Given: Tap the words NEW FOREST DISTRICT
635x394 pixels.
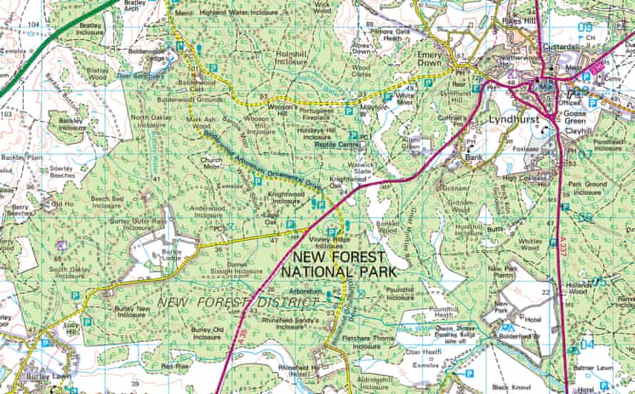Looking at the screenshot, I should coord(238,303).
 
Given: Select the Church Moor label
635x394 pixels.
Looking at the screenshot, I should coord(211,164).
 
